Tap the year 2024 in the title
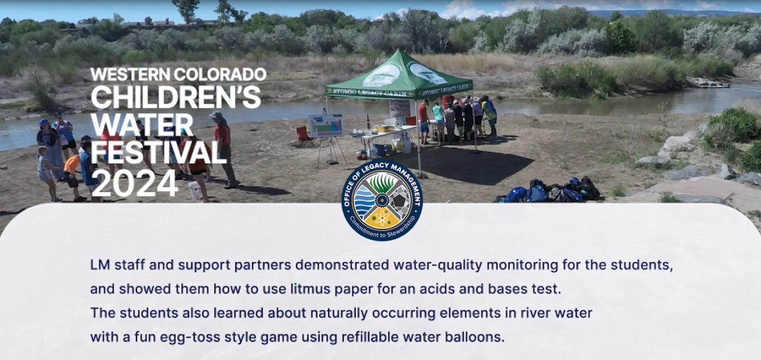tap(135, 183)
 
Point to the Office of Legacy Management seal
tap(382, 199)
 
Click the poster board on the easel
tap(326, 125)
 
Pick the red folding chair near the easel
tap(304, 135)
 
